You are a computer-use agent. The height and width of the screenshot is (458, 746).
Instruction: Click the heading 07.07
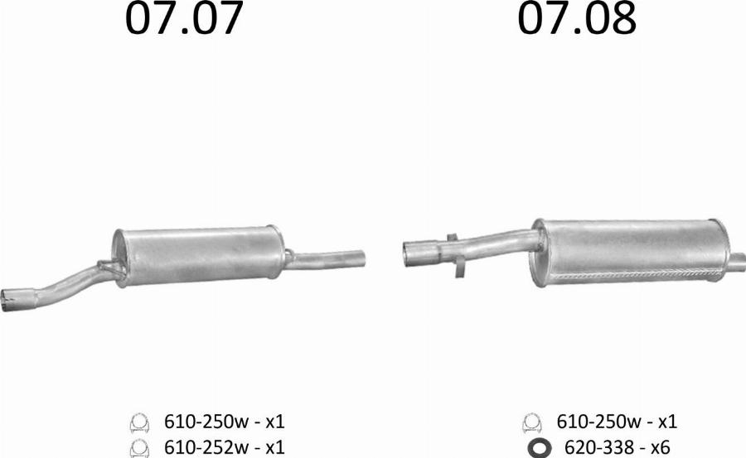point(185,20)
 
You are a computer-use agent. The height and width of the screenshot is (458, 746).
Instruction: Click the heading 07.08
point(577,20)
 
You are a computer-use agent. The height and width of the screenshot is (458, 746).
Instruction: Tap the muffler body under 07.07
point(199,255)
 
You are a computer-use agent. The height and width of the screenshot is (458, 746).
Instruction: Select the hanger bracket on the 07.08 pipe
point(454,253)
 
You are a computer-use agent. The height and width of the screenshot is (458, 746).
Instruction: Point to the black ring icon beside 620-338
point(539,448)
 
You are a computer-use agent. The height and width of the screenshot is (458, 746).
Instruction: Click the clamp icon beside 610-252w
point(138,448)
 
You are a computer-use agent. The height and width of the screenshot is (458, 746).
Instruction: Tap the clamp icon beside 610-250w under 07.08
point(532,422)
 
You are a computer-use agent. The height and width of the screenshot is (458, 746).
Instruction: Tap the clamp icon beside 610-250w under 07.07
point(138,422)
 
